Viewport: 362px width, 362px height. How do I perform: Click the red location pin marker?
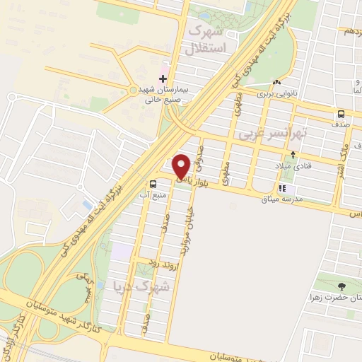181,166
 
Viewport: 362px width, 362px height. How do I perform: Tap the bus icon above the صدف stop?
341,113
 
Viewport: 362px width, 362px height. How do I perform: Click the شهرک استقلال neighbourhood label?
207,40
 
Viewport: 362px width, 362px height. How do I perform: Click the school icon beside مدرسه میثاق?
282,189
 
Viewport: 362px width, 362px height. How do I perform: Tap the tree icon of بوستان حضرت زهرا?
343,286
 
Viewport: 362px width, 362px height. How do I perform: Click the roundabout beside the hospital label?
133,90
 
